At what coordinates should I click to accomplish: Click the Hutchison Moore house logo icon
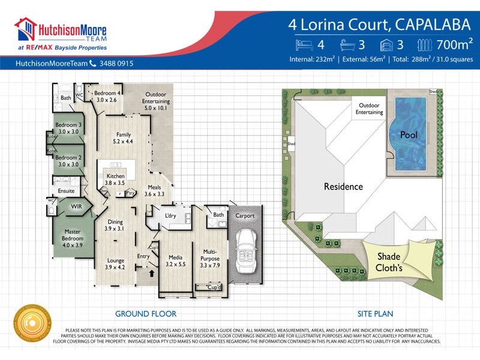point(26,29)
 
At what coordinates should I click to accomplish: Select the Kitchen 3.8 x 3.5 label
point(115,179)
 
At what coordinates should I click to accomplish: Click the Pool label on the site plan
point(409,135)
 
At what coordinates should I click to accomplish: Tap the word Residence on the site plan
point(343,186)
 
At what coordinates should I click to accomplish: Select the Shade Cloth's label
point(389,262)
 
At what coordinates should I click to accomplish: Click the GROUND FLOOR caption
point(146,313)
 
